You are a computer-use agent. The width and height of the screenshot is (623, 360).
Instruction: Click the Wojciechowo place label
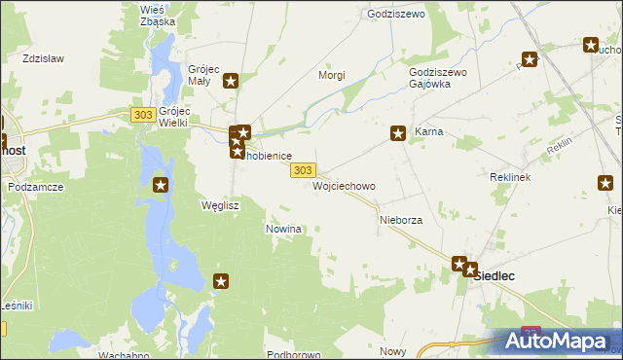(x=344, y=186)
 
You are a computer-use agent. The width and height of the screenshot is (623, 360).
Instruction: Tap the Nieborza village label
(x=400, y=221)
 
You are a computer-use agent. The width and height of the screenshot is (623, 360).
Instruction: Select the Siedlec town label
(x=494, y=276)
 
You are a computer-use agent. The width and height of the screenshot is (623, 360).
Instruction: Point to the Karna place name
(x=429, y=131)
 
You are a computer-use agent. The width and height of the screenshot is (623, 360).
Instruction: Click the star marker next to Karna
(x=398, y=133)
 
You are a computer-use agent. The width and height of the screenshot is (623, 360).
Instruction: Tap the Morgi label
(x=333, y=75)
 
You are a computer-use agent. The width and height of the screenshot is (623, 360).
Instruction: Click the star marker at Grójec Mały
(x=231, y=81)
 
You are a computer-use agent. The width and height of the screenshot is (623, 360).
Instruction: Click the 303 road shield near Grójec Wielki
(x=142, y=115)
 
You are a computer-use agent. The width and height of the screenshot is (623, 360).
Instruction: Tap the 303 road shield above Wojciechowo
(x=302, y=169)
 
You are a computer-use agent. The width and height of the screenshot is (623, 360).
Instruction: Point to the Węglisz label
(x=219, y=206)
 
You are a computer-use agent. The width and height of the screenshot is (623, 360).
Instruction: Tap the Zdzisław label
(x=43, y=58)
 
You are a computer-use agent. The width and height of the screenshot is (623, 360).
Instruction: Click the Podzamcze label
(x=35, y=187)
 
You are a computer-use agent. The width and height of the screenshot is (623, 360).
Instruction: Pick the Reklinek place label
(x=509, y=179)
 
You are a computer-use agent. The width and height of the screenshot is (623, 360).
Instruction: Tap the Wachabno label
(x=125, y=355)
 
